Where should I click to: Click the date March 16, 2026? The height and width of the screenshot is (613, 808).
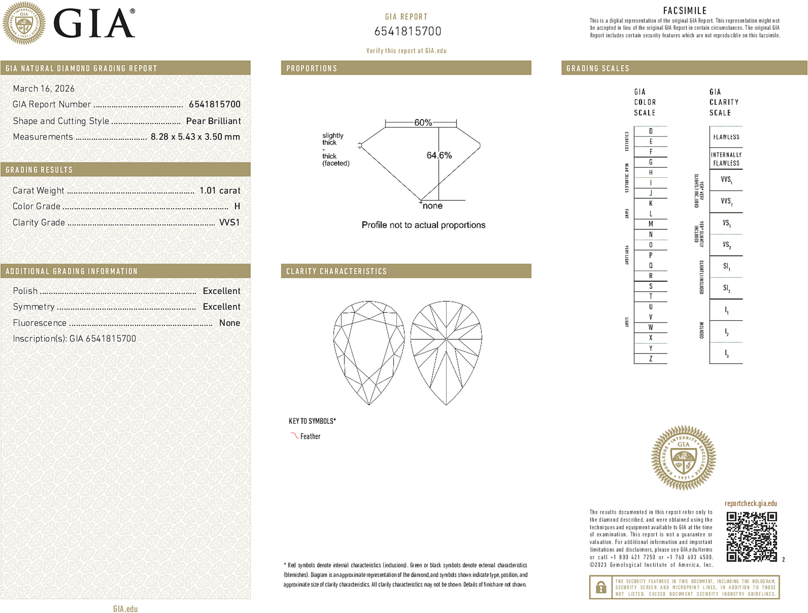click(44, 88)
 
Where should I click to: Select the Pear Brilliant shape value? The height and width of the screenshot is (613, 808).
click(213, 121)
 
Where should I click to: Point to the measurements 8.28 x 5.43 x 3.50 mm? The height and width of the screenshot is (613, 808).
click(195, 137)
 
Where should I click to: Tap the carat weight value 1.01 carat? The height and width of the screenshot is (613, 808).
click(220, 191)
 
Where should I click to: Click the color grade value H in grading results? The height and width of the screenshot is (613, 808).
click(237, 206)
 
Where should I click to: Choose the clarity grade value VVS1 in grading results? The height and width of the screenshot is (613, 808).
click(229, 222)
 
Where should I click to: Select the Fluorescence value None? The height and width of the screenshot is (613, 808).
click(230, 323)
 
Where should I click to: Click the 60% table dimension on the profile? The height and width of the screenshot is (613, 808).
click(423, 122)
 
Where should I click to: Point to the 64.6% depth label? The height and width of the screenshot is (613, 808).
click(439, 155)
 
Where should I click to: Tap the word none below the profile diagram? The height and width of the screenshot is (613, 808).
click(432, 206)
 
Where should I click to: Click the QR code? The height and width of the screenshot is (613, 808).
click(751, 536)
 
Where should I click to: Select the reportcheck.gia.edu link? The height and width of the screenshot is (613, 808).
click(751, 504)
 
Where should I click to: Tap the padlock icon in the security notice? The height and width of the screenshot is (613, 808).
click(600, 587)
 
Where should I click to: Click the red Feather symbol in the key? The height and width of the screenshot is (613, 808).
click(294, 436)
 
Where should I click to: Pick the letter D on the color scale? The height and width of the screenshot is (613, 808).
click(651, 131)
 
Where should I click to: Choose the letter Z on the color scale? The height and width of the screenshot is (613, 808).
click(651, 359)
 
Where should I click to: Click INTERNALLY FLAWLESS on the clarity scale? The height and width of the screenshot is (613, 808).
click(726, 159)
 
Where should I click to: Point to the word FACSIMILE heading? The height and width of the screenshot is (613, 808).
click(685, 11)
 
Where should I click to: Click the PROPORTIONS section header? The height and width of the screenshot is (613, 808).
click(311, 69)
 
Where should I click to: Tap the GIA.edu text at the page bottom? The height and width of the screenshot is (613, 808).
click(125, 609)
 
